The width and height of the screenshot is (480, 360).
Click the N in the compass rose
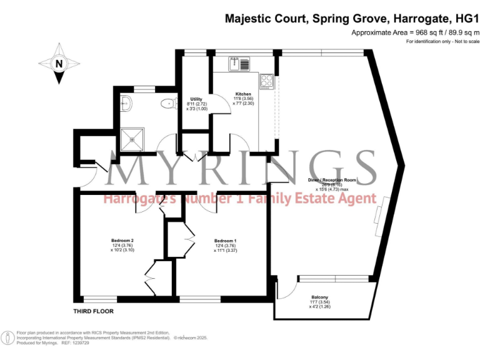[58, 63]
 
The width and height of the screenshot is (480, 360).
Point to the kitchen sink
[234, 62]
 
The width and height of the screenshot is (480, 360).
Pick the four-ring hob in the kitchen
[267, 81]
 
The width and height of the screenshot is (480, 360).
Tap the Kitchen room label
[243, 94]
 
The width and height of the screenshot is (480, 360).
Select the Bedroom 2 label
[122, 241]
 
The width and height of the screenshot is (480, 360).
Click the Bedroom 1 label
[225, 241]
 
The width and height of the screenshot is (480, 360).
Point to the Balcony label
[319, 297]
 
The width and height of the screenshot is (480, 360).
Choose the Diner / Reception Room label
[331, 180]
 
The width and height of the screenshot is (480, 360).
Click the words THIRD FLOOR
[94, 311]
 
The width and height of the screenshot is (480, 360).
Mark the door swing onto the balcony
[286, 289]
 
